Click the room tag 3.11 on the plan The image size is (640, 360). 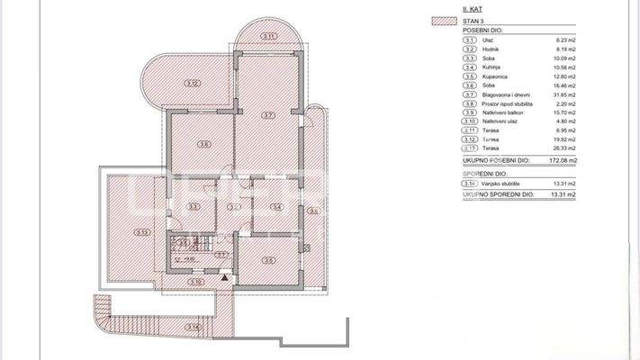point(268,35)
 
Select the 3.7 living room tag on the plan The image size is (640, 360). point(268,115)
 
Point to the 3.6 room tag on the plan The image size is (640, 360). point(204,144)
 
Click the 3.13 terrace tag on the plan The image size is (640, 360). point(142,232)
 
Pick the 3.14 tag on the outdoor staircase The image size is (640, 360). point(193,327)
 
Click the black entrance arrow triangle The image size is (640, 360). point(224,277)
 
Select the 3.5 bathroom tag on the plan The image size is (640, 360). point(268,261)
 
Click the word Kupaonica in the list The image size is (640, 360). point(491,77)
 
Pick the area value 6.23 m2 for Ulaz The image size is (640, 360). point(565,41)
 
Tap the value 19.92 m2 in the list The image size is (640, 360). point(564,139)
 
